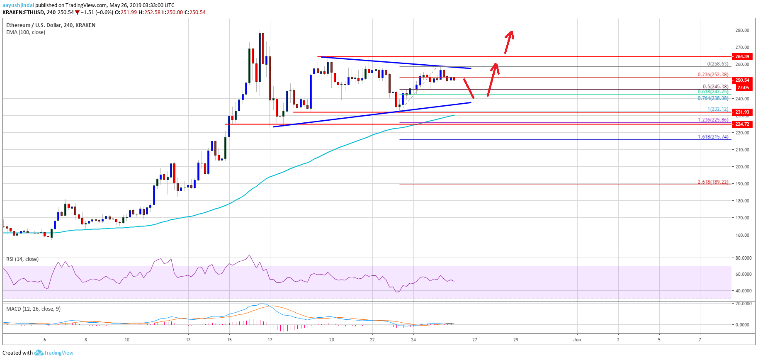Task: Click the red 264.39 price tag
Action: [742, 56]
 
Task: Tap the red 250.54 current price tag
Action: [742, 80]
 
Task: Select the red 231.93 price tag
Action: [742, 112]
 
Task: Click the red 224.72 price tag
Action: [742, 124]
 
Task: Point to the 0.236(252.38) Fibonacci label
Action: [713, 75]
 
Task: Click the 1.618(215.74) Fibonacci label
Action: [713, 136]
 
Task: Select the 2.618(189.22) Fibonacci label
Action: [713, 182]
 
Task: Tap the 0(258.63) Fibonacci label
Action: [717, 64]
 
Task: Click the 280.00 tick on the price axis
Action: [742, 30]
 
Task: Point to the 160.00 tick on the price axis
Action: [742, 235]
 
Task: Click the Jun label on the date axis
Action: [577, 340]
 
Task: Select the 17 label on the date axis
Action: [270, 340]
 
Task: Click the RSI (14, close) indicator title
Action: [22, 259]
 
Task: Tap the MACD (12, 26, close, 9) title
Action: [33, 309]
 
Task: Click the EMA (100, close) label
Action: [26, 32]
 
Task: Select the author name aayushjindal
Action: [18, 5]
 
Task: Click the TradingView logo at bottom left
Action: [54, 353]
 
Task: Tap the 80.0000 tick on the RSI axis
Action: [743, 258]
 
